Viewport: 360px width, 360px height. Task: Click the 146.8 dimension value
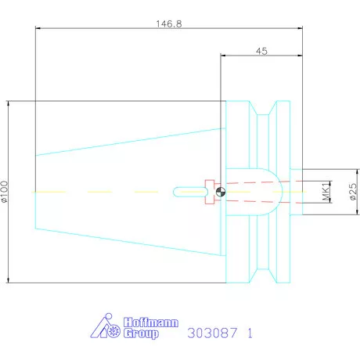pyautogui.click(x=169, y=24)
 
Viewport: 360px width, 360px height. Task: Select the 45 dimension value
pyautogui.click(x=261, y=51)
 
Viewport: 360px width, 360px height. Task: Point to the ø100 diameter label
pyautogui.click(x=5, y=192)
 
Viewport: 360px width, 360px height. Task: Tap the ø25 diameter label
pyautogui.click(x=353, y=192)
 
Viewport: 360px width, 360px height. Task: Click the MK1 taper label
pyautogui.click(x=326, y=191)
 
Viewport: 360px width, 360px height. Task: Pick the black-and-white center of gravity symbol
pyautogui.click(x=221, y=193)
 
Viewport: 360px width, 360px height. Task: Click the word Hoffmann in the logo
pyautogui.click(x=151, y=322)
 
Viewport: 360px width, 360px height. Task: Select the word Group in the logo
pyautogui.click(x=141, y=333)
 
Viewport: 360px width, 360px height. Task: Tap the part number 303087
pyautogui.click(x=212, y=333)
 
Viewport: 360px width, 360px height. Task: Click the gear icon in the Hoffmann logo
pyautogui.click(x=113, y=331)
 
